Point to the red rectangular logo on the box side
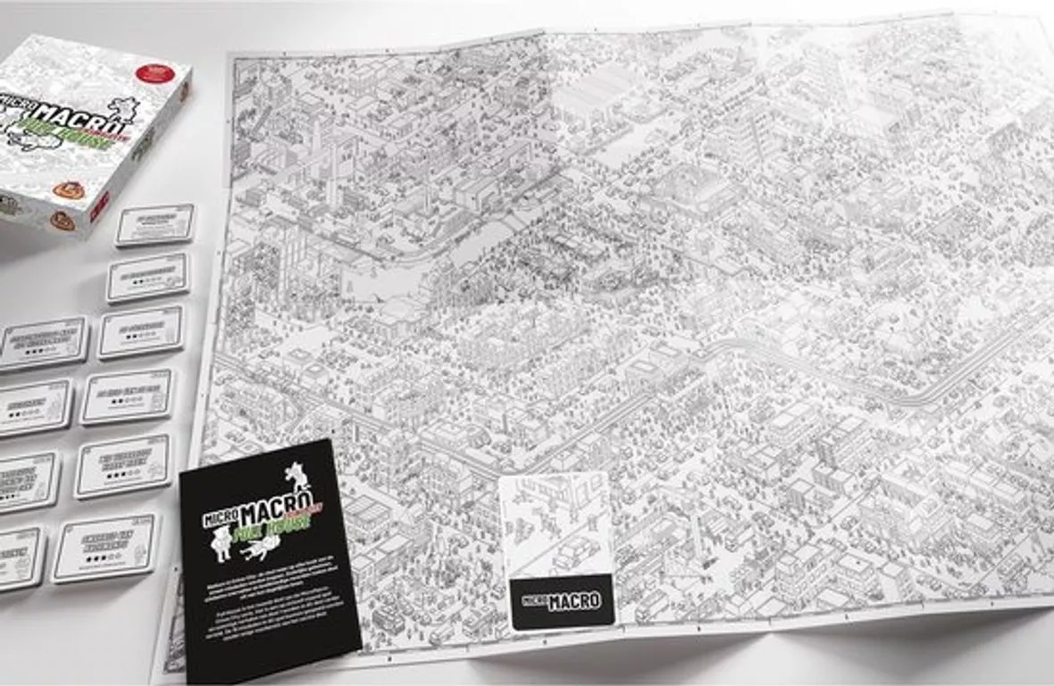pyautogui.click(x=99, y=206)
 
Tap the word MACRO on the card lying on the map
pyautogui.click(x=572, y=601)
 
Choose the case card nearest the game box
pyautogui.click(x=155, y=223)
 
